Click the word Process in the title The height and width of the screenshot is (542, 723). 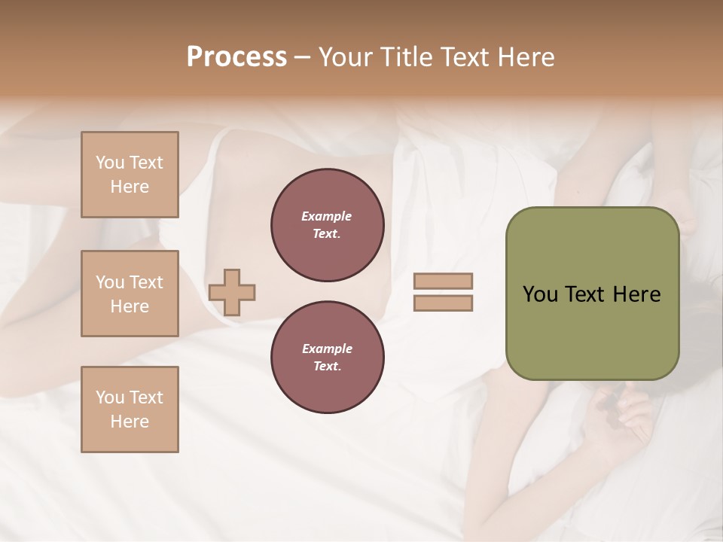tap(236, 57)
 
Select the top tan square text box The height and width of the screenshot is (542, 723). tap(130, 175)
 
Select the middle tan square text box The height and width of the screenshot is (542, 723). tap(130, 294)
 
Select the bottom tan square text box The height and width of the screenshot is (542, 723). tap(130, 410)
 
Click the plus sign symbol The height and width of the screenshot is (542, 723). tap(232, 292)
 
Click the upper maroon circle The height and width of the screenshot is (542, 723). tap(328, 225)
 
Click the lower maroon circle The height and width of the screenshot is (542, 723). tap(328, 358)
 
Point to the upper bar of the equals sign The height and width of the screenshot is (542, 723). tap(443, 282)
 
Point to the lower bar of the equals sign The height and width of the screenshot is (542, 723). tap(443, 303)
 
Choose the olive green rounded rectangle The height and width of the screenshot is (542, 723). tap(592, 294)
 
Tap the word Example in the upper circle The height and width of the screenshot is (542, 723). tap(327, 216)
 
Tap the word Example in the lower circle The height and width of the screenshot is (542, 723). tap(327, 349)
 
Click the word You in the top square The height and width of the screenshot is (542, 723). tap(110, 163)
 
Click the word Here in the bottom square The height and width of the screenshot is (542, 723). tap(130, 422)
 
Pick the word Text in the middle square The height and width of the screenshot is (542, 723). tap(145, 282)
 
